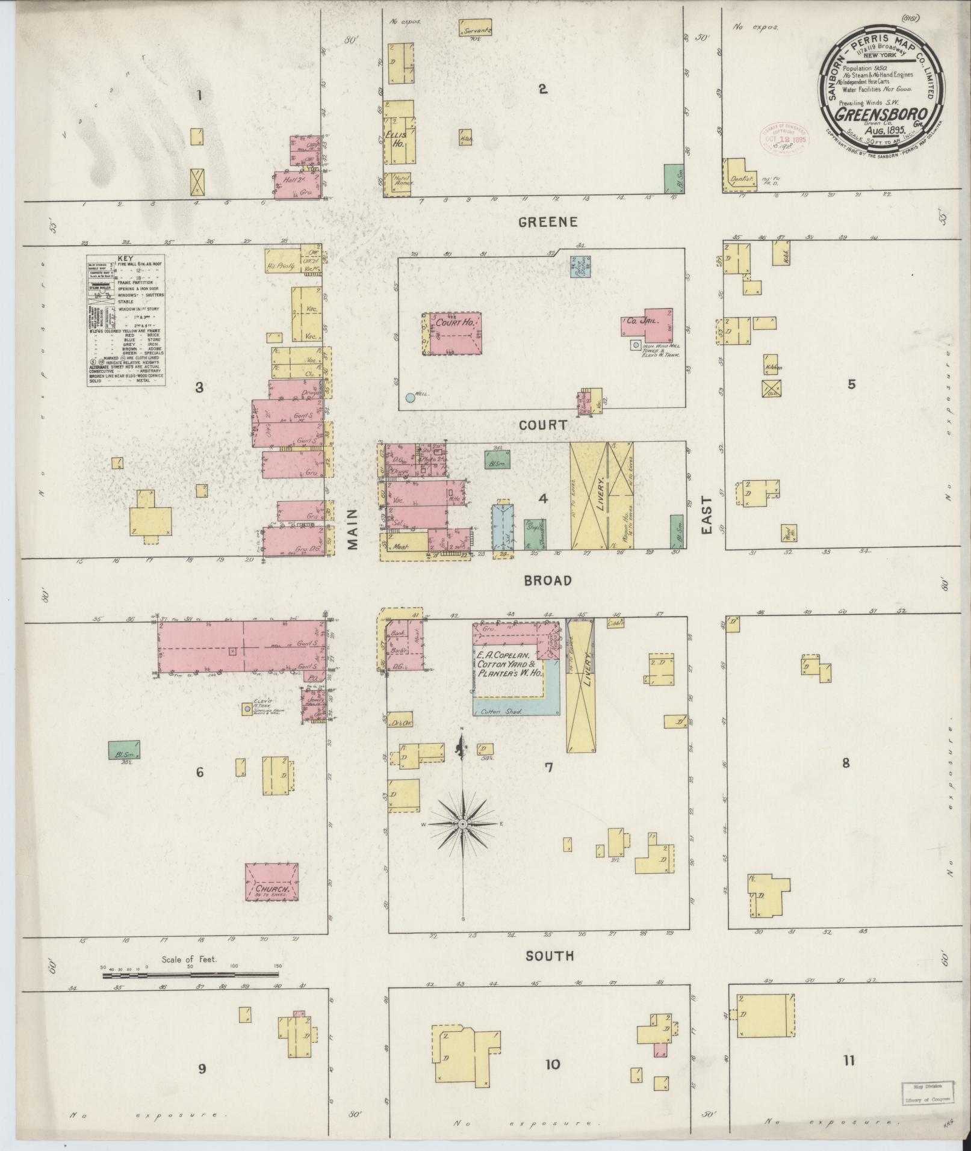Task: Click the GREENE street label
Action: [548, 222]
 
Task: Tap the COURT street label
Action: [544, 425]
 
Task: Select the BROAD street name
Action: [547, 580]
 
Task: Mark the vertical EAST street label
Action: [706, 515]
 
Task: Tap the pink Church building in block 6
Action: [271, 882]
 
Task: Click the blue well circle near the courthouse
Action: [410, 397]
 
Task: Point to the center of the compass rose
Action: [462, 824]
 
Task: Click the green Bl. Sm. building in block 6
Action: [124, 750]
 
